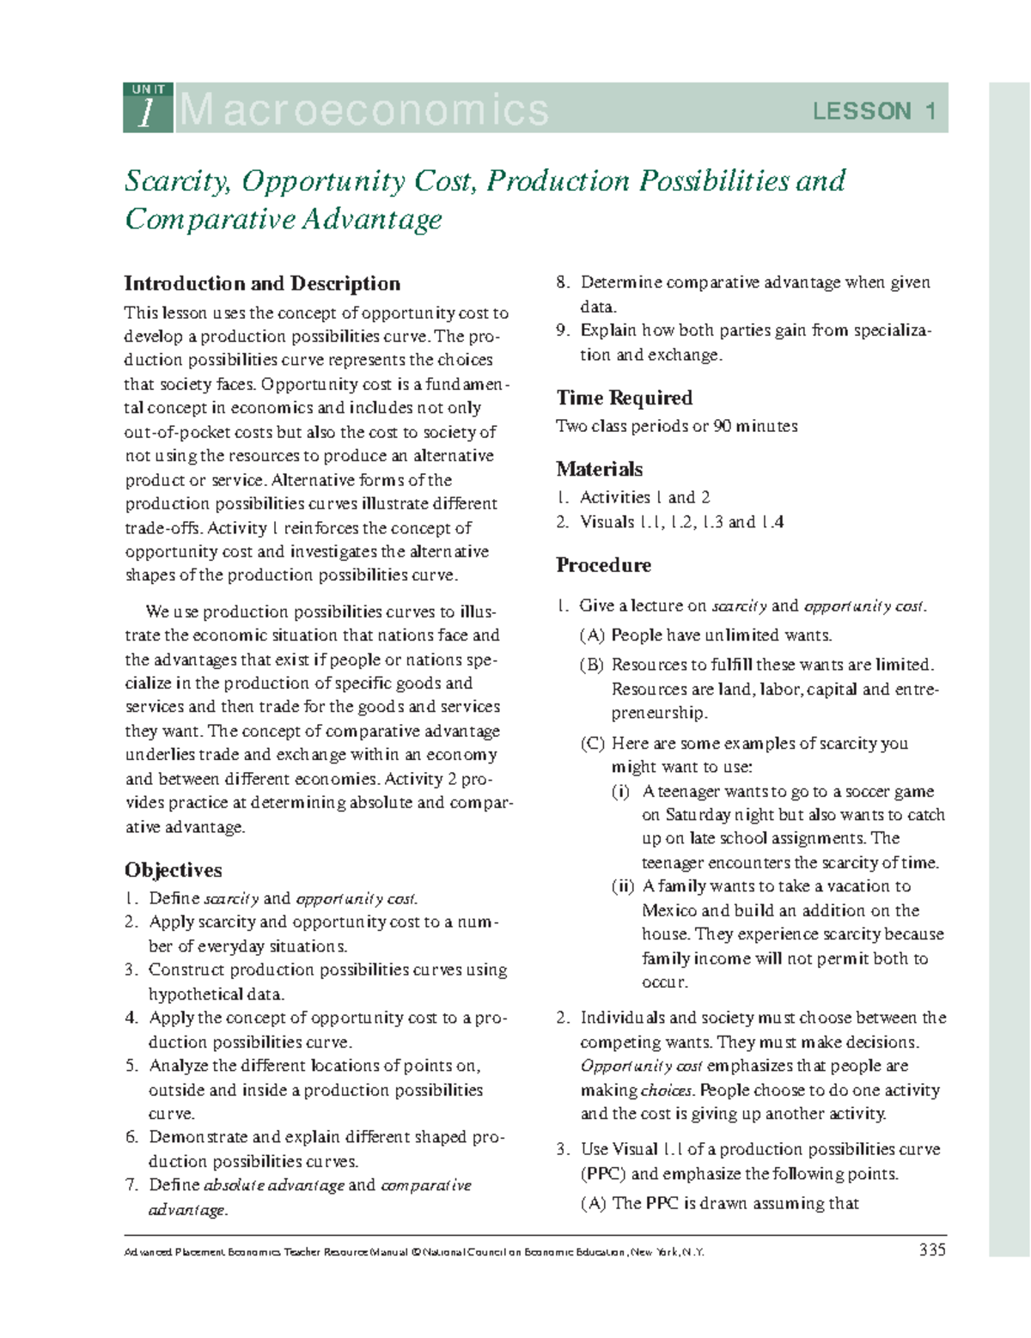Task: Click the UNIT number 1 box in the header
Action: tap(148, 108)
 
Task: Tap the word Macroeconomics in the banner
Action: tap(363, 110)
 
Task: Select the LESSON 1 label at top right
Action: tap(874, 111)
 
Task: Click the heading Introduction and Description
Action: tap(262, 283)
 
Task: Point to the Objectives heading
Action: tap(173, 870)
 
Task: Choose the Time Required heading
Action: tap(624, 398)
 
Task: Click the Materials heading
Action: tap(599, 469)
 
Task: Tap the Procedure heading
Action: tap(603, 565)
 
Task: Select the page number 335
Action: tap(931, 1250)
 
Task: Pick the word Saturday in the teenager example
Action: tap(697, 815)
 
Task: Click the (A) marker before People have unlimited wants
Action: tap(592, 636)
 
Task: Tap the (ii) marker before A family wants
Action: tap(622, 886)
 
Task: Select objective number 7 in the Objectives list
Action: tap(131, 1185)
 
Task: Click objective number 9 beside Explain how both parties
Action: tap(563, 331)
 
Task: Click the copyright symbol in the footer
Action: tap(416, 1252)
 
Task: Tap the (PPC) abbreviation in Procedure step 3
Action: tap(602, 1174)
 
